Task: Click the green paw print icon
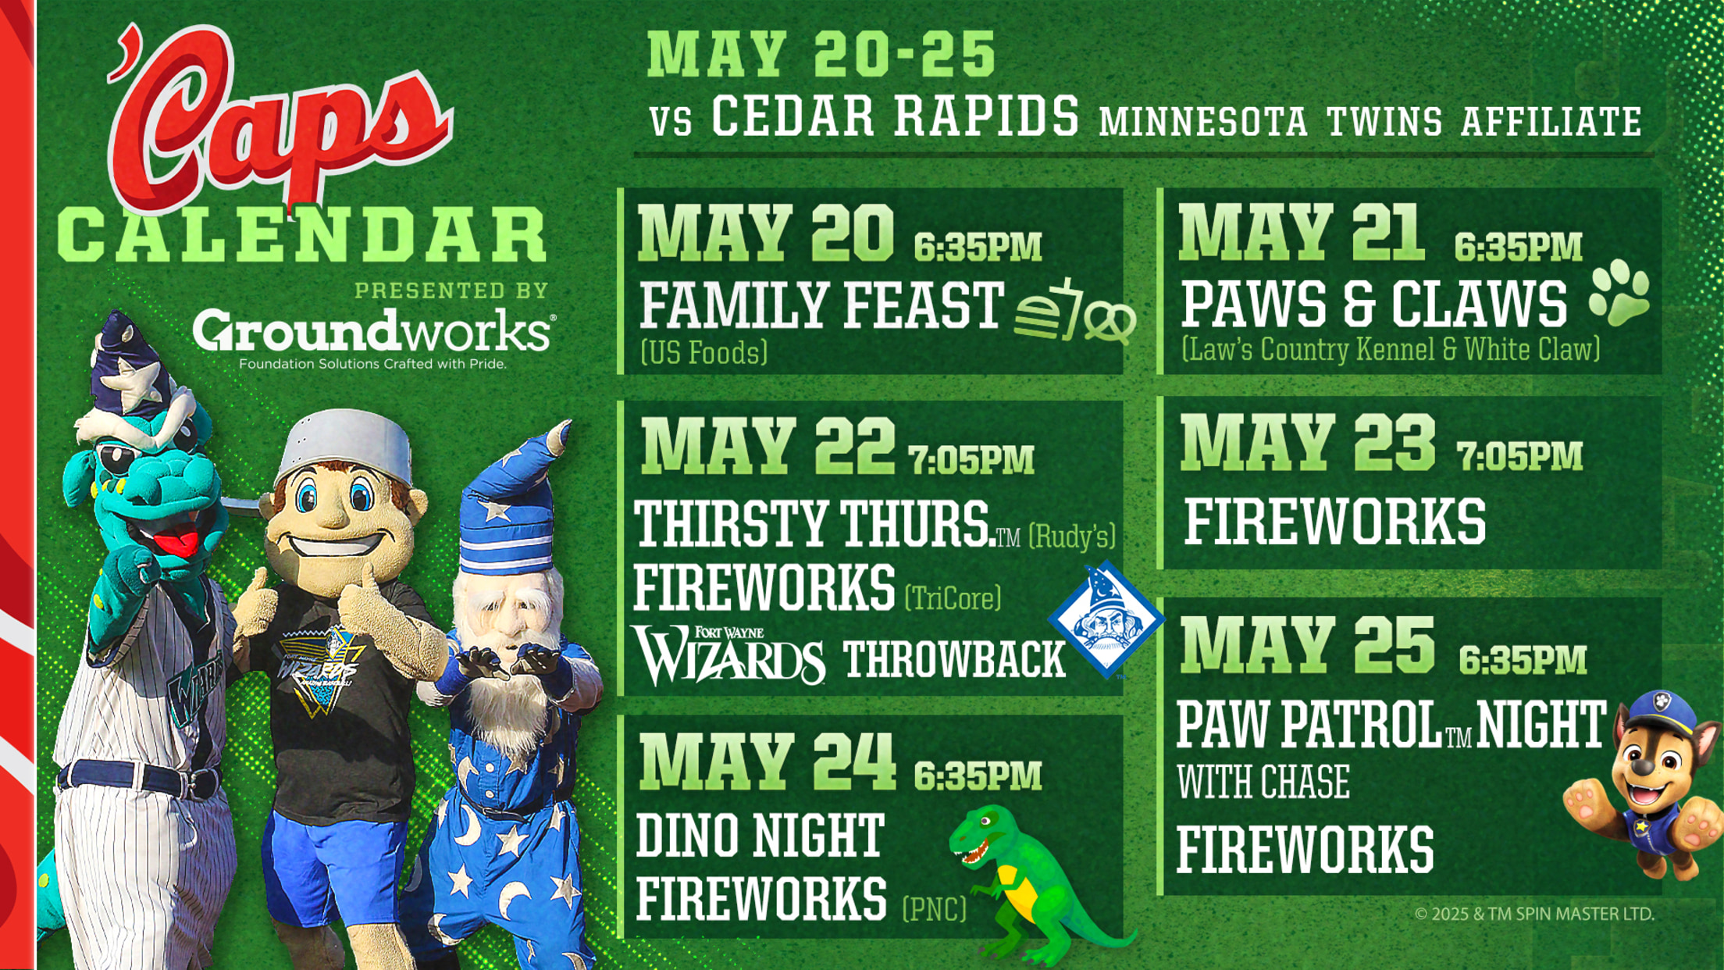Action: (1620, 293)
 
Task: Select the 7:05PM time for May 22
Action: (971, 459)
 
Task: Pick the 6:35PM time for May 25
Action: (1523, 660)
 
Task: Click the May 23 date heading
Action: (1307, 443)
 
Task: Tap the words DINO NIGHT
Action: (760, 836)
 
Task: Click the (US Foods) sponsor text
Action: (703, 352)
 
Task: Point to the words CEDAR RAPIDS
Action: (895, 116)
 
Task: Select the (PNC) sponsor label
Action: (934, 908)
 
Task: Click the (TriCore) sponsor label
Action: (953, 598)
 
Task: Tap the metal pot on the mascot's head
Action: (344, 445)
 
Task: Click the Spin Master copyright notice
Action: (1534, 913)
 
